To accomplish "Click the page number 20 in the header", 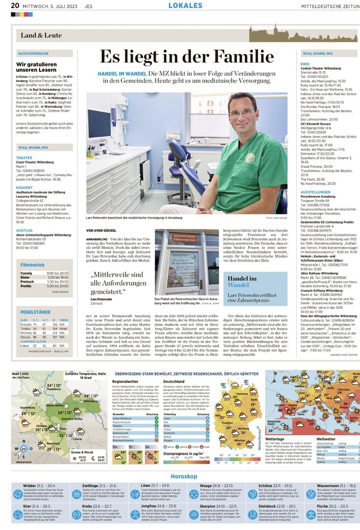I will tap(15, 5).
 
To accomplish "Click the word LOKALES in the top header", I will tap(185, 5).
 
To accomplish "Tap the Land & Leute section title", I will tap(41, 35).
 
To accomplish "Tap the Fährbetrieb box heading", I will tap(32, 265).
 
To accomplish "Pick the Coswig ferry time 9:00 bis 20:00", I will tap(57, 273).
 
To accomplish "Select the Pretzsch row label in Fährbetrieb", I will tap(27, 282).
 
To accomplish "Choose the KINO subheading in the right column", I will tap(305, 64).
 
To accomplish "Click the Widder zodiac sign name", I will tap(33, 485).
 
